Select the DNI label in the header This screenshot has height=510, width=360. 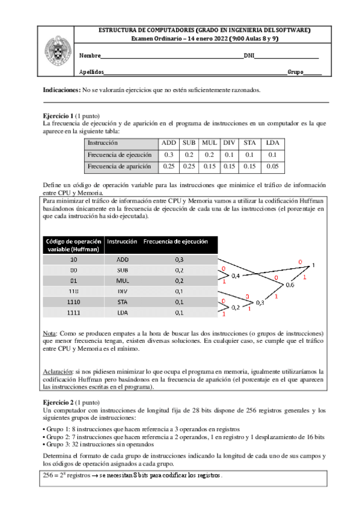[x=249, y=56]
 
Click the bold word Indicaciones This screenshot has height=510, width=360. [x=61, y=90]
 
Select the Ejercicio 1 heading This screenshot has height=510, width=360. [x=58, y=115]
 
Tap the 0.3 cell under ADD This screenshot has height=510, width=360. [x=168, y=155]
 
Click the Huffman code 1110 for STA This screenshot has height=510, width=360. [x=73, y=302]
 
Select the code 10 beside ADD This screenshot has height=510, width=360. [x=73, y=259]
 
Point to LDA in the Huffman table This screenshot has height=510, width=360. [x=121, y=313]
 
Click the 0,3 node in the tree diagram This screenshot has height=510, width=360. [x=260, y=303]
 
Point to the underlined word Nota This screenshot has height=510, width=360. [x=50, y=333]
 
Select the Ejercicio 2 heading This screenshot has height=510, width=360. [x=58, y=401]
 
